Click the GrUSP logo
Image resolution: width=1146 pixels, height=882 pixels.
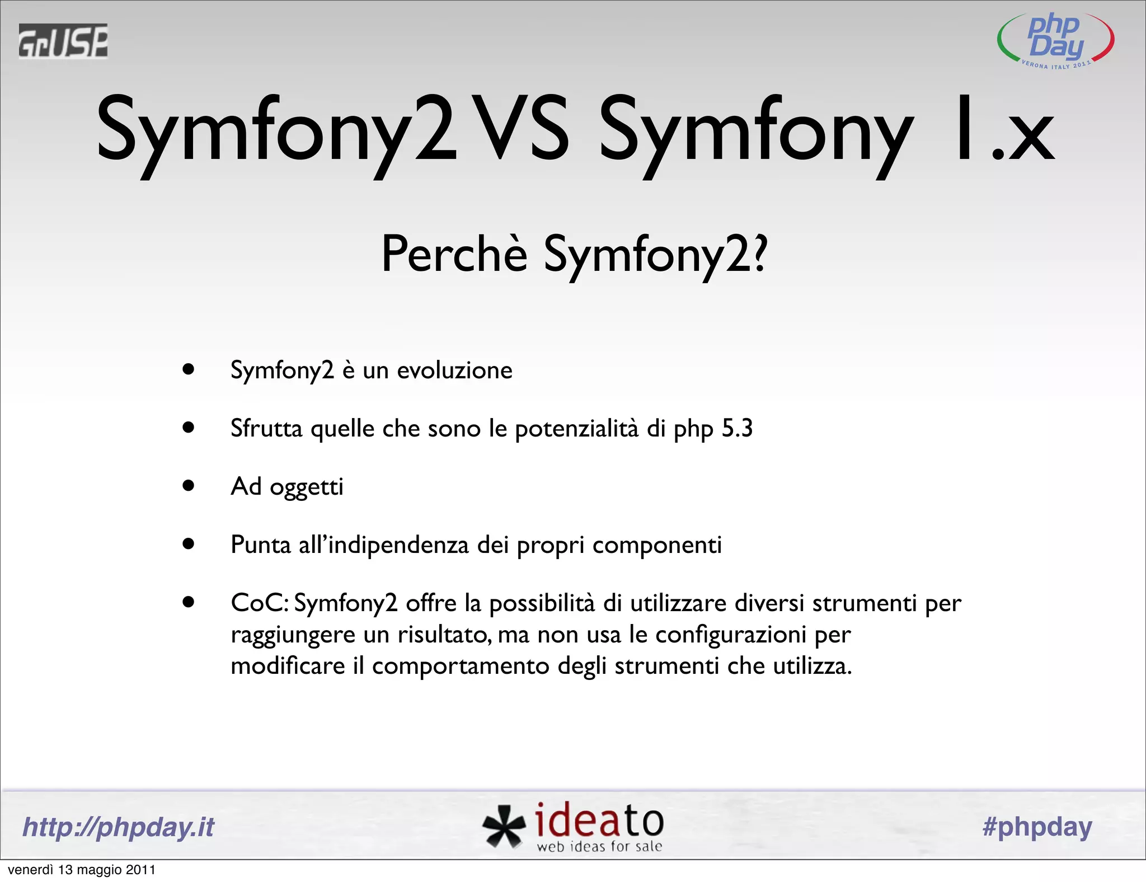(63, 41)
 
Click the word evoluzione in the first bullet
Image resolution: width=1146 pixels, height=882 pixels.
(454, 370)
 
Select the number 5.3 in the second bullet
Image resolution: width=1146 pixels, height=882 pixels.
(737, 429)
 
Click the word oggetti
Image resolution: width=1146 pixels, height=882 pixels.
(307, 487)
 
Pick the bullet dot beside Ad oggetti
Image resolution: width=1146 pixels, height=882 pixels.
(189, 486)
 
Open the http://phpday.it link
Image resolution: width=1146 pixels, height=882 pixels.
(119, 827)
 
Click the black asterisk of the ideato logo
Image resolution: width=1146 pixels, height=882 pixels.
(504, 826)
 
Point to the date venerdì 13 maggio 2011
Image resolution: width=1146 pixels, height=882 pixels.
(82, 870)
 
